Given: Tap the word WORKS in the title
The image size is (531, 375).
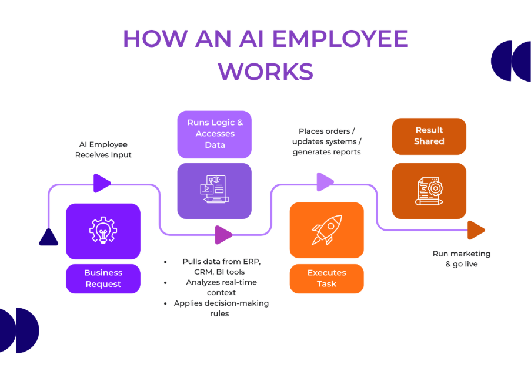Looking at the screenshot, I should click(x=265, y=70).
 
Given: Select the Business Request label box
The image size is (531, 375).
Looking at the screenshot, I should click(x=103, y=278).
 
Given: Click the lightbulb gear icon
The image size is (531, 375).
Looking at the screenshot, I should click(x=103, y=231).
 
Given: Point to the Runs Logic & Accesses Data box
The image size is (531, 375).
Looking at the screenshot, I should click(x=215, y=134).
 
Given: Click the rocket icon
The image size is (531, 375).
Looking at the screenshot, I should click(x=326, y=230).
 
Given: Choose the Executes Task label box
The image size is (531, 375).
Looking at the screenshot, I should click(x=326, y=278).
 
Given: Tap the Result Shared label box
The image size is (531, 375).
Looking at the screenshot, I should click(x=429, y=136).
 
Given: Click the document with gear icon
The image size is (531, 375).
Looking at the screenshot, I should click(x=429, y=191).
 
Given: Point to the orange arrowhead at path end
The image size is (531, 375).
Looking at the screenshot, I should click(x=476, y=230).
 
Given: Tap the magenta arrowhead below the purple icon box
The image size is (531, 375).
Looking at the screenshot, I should click(x=223, y=234).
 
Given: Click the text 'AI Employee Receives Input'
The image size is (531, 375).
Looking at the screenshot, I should click(x=103, y=150).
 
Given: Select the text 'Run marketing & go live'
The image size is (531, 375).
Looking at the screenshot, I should click(x=461, y=259).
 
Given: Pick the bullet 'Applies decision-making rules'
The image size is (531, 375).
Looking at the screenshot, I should click(x=221, y=308).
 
